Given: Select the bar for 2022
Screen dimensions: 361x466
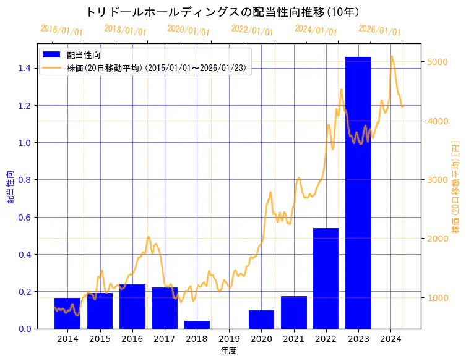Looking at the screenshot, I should click(326, 278).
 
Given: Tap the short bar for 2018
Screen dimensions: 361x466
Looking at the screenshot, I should click(197, 325).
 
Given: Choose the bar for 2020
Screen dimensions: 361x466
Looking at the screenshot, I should click(261, 319).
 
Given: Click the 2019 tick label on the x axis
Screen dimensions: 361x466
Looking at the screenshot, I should click(229, 339).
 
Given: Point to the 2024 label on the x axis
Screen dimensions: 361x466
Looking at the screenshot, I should click(390, 339).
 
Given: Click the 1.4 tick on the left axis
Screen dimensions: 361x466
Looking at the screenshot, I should click(25, 68).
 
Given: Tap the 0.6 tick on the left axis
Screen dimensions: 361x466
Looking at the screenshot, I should click(25, 217).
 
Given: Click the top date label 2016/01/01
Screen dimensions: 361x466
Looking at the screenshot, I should click(61, 30).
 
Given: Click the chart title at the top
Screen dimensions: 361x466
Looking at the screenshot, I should click(223, 12).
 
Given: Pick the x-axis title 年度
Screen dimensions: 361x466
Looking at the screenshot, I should click(228, 350).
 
